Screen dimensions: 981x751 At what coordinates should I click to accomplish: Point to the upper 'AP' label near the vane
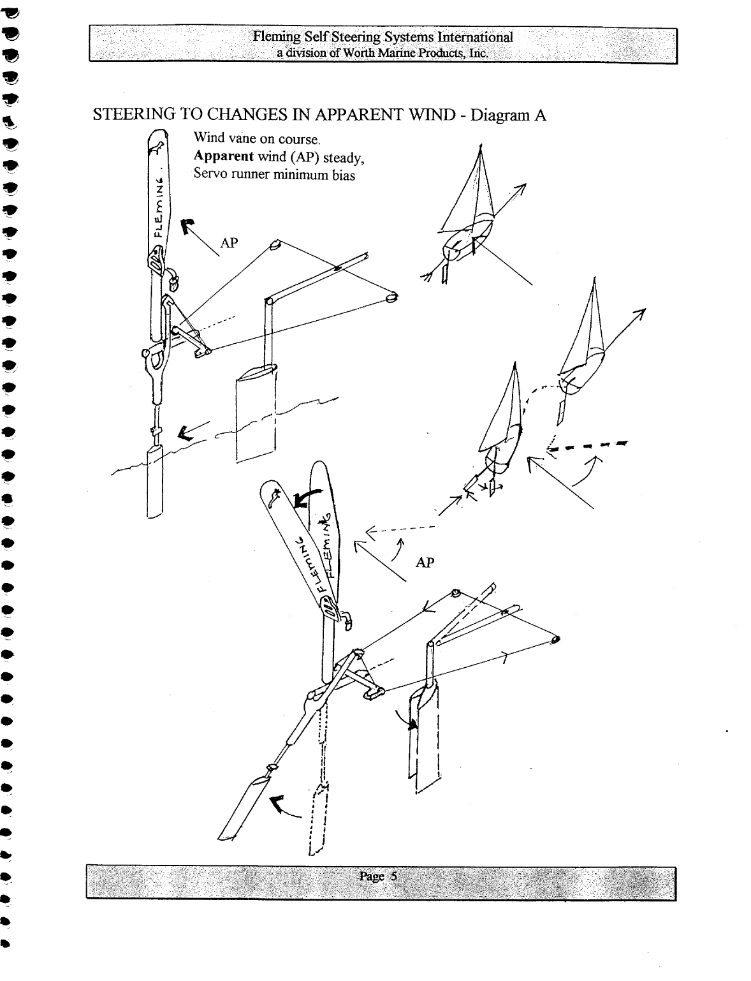coord(229,243)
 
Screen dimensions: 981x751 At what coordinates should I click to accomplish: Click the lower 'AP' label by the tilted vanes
coord(425,563)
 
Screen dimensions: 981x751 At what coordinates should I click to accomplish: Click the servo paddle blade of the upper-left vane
coord(155,482)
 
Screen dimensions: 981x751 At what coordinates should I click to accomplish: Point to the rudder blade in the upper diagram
coord(256,415)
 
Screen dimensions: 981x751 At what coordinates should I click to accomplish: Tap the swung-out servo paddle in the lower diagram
coord(245,807)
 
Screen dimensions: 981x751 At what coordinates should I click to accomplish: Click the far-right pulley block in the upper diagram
coord(391,297)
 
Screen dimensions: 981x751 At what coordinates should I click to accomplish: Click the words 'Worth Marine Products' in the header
coord(414,53)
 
